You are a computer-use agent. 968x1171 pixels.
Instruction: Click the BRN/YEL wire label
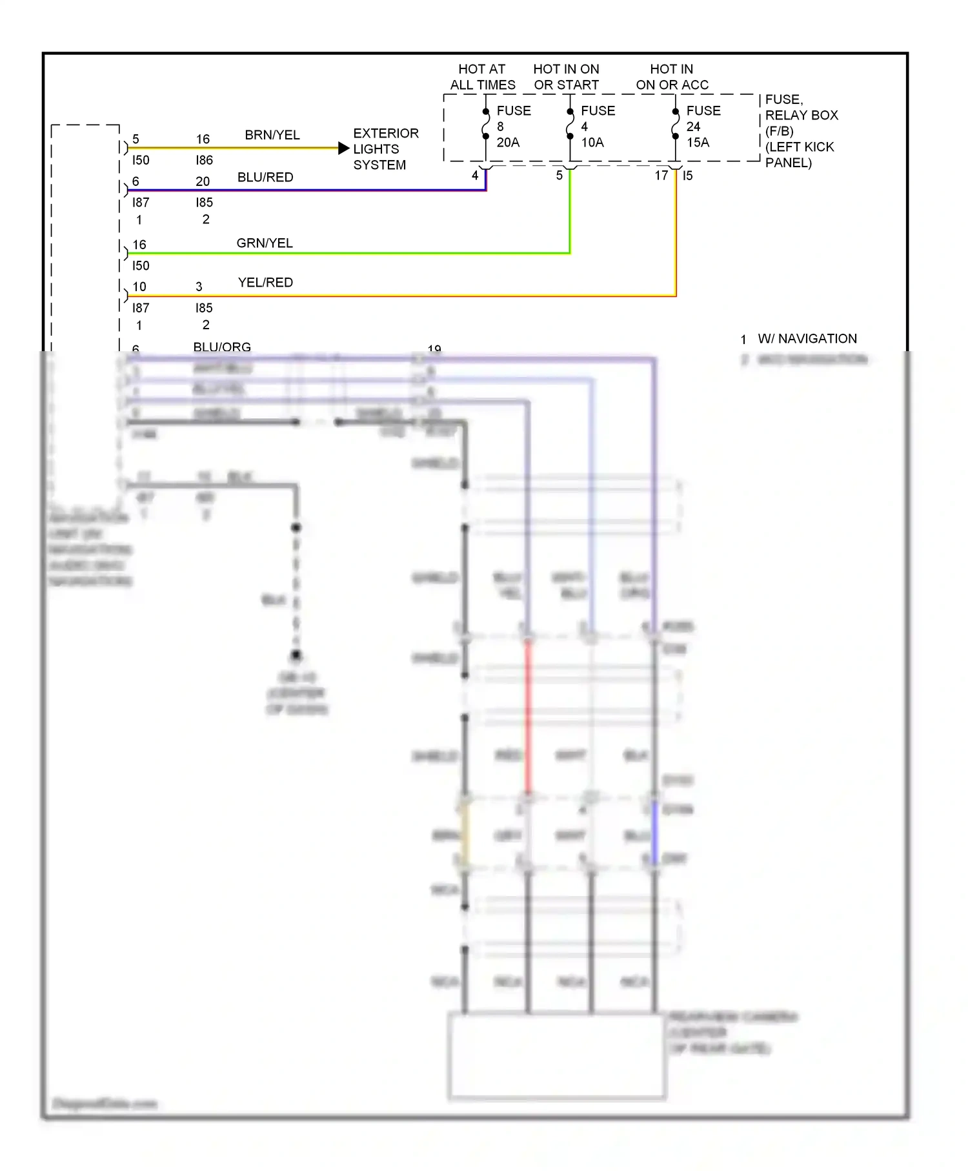[272, 135]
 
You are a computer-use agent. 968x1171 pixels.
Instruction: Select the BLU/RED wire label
[265, 177]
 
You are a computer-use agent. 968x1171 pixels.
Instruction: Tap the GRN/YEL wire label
[264, 243]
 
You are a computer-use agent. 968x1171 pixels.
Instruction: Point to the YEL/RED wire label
[265, 282]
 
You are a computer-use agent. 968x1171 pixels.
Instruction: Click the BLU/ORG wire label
[221, 347]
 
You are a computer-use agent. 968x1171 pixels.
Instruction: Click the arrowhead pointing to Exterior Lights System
[343, 148]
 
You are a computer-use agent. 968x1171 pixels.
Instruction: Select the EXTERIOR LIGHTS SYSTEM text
[385, 148]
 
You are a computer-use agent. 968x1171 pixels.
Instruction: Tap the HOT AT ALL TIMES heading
[482, 77]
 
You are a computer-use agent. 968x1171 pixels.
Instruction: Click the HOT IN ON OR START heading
[566, 77]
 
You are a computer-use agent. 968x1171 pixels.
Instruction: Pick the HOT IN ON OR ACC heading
[672, 77]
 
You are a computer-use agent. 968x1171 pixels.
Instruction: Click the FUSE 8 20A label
[513, 127]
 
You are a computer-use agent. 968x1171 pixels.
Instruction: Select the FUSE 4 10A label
[597, 127]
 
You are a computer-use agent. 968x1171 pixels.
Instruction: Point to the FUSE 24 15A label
[703, 127]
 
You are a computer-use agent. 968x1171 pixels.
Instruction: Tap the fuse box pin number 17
[661, 175]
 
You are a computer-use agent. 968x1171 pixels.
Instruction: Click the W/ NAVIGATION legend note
[807, 338]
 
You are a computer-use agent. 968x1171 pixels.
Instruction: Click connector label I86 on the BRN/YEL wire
[204, 160]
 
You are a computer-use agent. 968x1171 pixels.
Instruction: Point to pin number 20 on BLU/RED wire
[203, 181]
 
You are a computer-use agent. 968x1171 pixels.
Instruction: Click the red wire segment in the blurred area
[527, 717]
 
